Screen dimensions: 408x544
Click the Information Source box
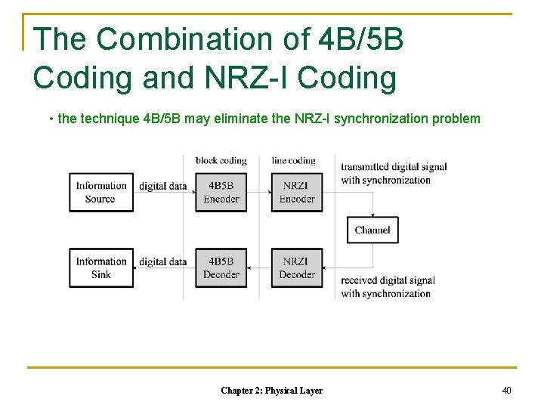point(100,192)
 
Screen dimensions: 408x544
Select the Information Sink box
point(100,267)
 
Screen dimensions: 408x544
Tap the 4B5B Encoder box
point(221,192)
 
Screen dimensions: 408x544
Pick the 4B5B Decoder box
point(221,267)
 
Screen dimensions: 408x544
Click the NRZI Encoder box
point(297,192)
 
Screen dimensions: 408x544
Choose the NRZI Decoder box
point(297,267)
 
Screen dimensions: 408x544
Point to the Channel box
point(372,230)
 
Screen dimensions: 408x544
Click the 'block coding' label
point(221,160)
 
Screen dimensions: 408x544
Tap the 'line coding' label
point(293,160)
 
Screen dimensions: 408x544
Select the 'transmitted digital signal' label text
point(394,167)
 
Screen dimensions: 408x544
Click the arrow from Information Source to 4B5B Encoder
point(165,192)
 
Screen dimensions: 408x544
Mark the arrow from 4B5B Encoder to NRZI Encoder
point(259,192)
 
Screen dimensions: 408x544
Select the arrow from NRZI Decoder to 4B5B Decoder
point(259,267)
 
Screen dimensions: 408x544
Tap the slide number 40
point(506,390)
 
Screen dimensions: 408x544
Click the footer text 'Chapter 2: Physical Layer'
point(271,391)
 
